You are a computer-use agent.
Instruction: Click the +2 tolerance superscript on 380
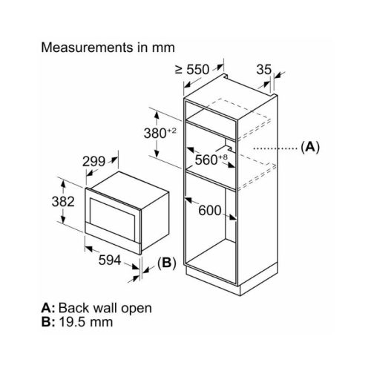[x=171, y=131]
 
